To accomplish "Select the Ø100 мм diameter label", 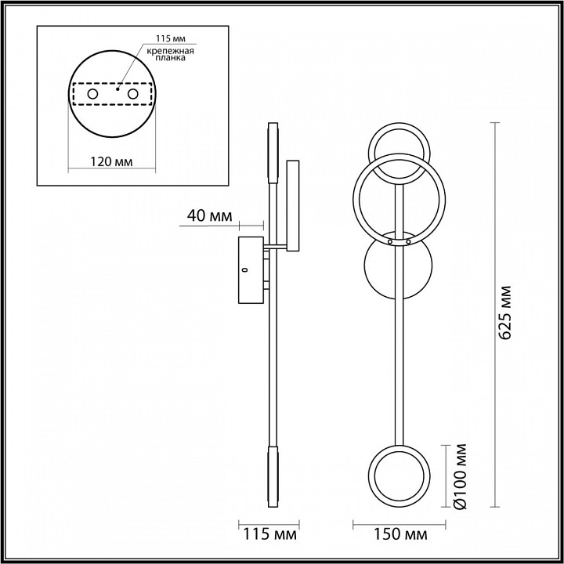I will pos(462,477).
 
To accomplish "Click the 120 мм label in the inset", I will pos(110,161).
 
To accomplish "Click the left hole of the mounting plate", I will pos(92,94).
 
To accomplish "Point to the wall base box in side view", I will pos(252,269).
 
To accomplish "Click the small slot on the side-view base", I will pos(245,270).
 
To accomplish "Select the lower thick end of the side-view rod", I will pos(272,476).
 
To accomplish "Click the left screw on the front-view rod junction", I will pos(390,244).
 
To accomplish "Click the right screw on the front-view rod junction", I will pos(408,244).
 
